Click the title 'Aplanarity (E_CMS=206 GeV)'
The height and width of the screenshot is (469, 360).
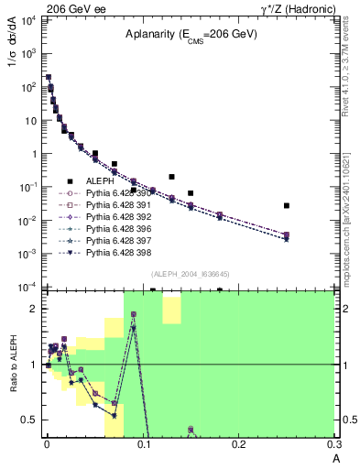[x=182, y=35]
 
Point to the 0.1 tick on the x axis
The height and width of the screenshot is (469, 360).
[x=143, y=446]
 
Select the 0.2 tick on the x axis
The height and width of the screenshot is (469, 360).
[x=239, y=446]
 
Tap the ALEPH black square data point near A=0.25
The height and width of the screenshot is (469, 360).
[x=287, y=206]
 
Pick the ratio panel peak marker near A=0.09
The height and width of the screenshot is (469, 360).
[x=134, y=314]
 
